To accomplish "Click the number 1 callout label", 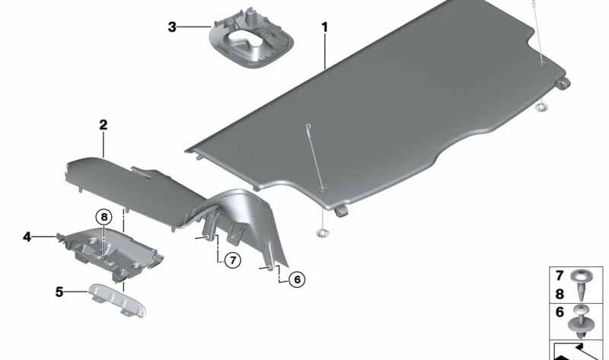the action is click(325, 27).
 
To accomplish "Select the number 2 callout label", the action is click(103, 125).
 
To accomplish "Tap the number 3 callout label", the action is click(172, 27).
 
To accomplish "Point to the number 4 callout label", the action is click(27, 237).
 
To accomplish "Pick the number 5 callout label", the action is click(59, 292).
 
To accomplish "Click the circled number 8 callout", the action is click(104, 217).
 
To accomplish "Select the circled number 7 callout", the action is click(233, 260).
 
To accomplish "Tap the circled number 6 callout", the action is click(297, 279).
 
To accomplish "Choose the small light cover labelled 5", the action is click(117, 300).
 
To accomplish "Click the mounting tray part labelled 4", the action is click(113, 253).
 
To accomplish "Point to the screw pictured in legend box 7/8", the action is click(582, 285).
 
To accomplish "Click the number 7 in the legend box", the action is click(560, 276).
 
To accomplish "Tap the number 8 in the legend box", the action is click(560, 294).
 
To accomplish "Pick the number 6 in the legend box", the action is click(560, 312).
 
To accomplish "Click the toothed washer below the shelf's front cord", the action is click(322, 234).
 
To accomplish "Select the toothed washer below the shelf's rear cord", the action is click(541, 107).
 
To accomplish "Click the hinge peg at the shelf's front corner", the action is click(340, 211).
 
